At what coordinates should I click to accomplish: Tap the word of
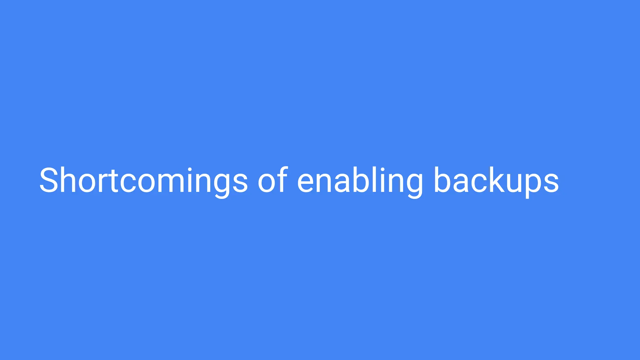pos(272,181)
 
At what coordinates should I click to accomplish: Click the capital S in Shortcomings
pos(49,181)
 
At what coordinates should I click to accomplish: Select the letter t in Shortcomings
pos(113,181)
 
